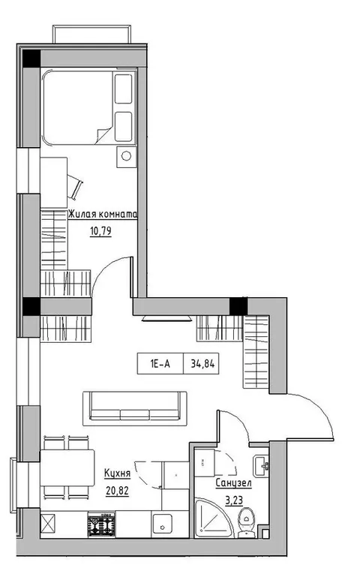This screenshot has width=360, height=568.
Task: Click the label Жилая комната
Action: [x=103, y=215]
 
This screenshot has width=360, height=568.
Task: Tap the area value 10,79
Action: [x=100, y=231]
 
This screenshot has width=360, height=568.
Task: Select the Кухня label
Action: [x=117, y=473]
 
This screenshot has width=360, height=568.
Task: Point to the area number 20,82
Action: [x=117, y=491]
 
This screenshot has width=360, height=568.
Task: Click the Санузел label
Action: [x=233, y=483]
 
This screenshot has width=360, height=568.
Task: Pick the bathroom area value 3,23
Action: [x=234, y=500]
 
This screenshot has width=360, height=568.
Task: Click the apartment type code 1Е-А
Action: [x=160, y=364]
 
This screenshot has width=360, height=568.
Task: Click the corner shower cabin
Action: [x=211, y=518]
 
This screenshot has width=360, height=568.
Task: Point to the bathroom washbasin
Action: [x=261, y=465]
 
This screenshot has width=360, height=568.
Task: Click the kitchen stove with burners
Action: [x=101, y=524]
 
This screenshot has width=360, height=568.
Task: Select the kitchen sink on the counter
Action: [x=162, y=524]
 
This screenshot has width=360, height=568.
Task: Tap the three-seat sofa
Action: [x=135, y=408]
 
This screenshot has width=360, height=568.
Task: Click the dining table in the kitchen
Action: [x=67, y=467]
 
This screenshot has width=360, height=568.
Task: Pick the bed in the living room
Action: [x=88, y=107]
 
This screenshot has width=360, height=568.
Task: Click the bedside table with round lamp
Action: [x=127, y=157]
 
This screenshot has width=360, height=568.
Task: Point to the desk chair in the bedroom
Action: [x=75, y=187]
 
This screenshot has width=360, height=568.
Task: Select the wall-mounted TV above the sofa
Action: [x=166, y=318]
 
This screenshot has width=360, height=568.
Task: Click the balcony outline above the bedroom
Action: [x=91, y=34]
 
